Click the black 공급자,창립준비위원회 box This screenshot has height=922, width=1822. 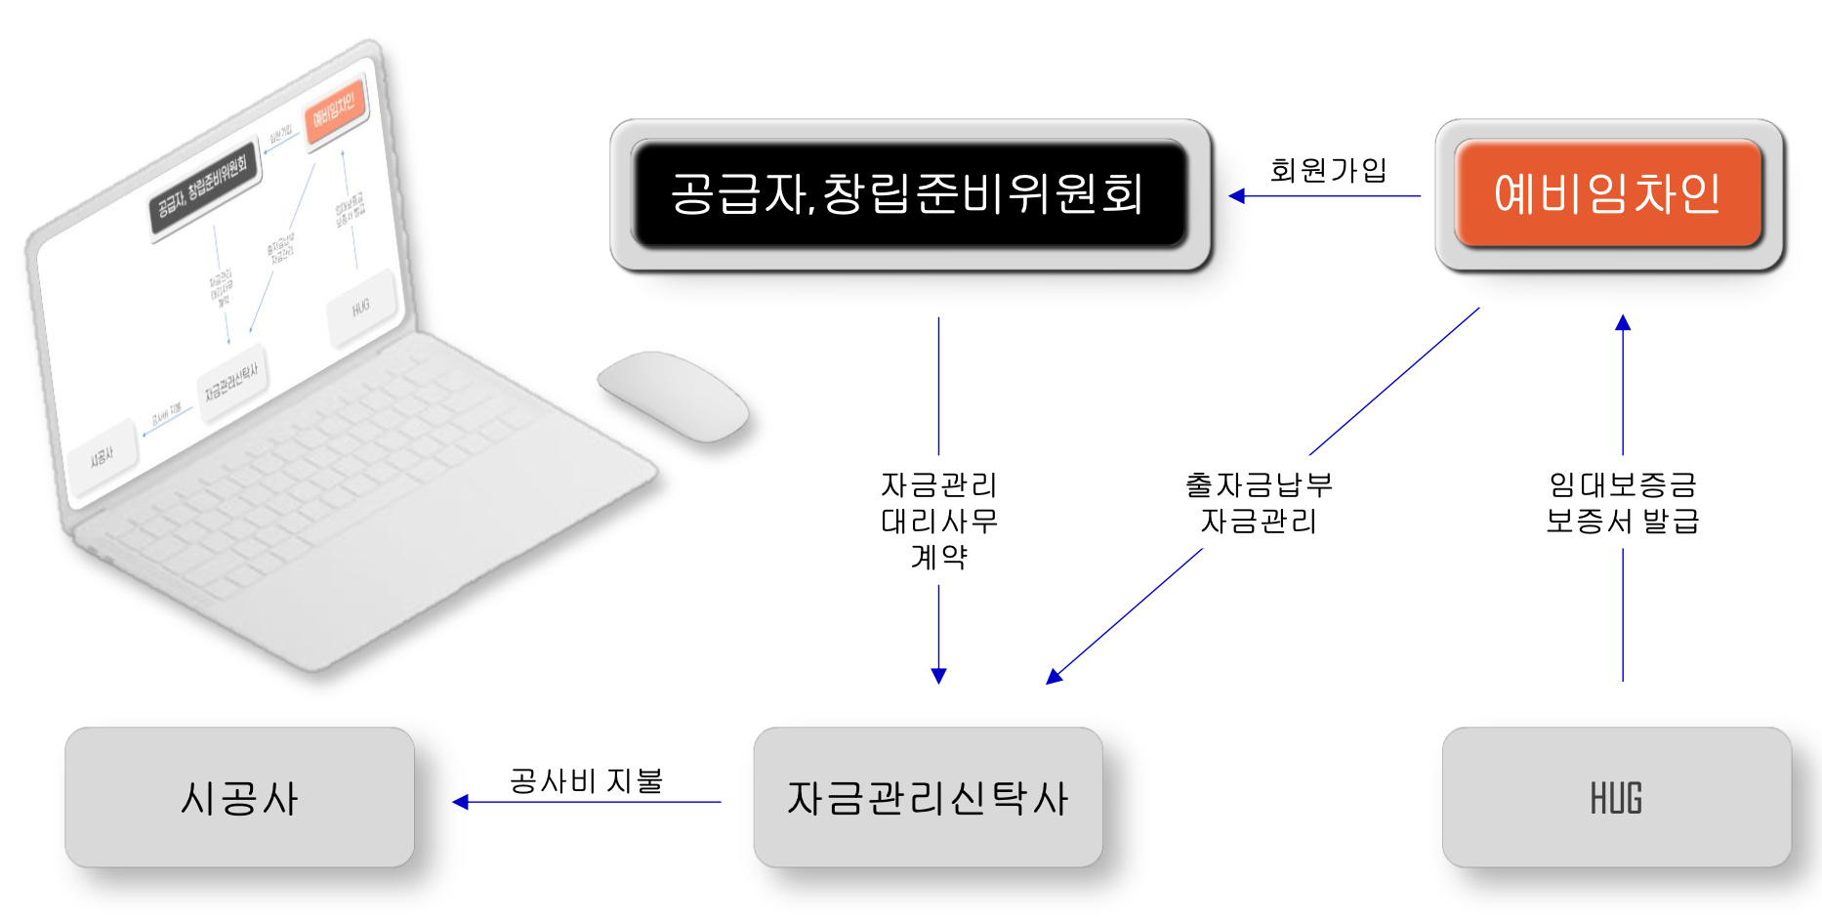909,193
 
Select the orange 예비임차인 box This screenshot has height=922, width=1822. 1607,193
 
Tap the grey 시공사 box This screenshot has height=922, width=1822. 239,798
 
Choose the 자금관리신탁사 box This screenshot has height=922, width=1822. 928,798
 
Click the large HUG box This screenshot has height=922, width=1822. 1616,798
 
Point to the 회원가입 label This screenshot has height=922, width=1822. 1328,170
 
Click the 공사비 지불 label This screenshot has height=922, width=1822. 586,780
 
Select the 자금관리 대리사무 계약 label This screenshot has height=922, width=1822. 938,521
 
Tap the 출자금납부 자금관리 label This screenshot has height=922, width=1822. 1259,503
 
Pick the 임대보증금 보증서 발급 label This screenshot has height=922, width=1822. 1622,503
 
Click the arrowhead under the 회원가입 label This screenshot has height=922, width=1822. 1237,196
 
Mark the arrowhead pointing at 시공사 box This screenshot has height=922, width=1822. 461,802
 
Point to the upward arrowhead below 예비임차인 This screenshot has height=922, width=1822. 1623,322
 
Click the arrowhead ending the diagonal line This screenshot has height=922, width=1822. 1054,676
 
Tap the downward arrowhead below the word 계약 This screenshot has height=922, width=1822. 938,676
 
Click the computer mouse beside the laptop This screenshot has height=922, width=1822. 673,395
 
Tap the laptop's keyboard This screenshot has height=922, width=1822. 332,469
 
